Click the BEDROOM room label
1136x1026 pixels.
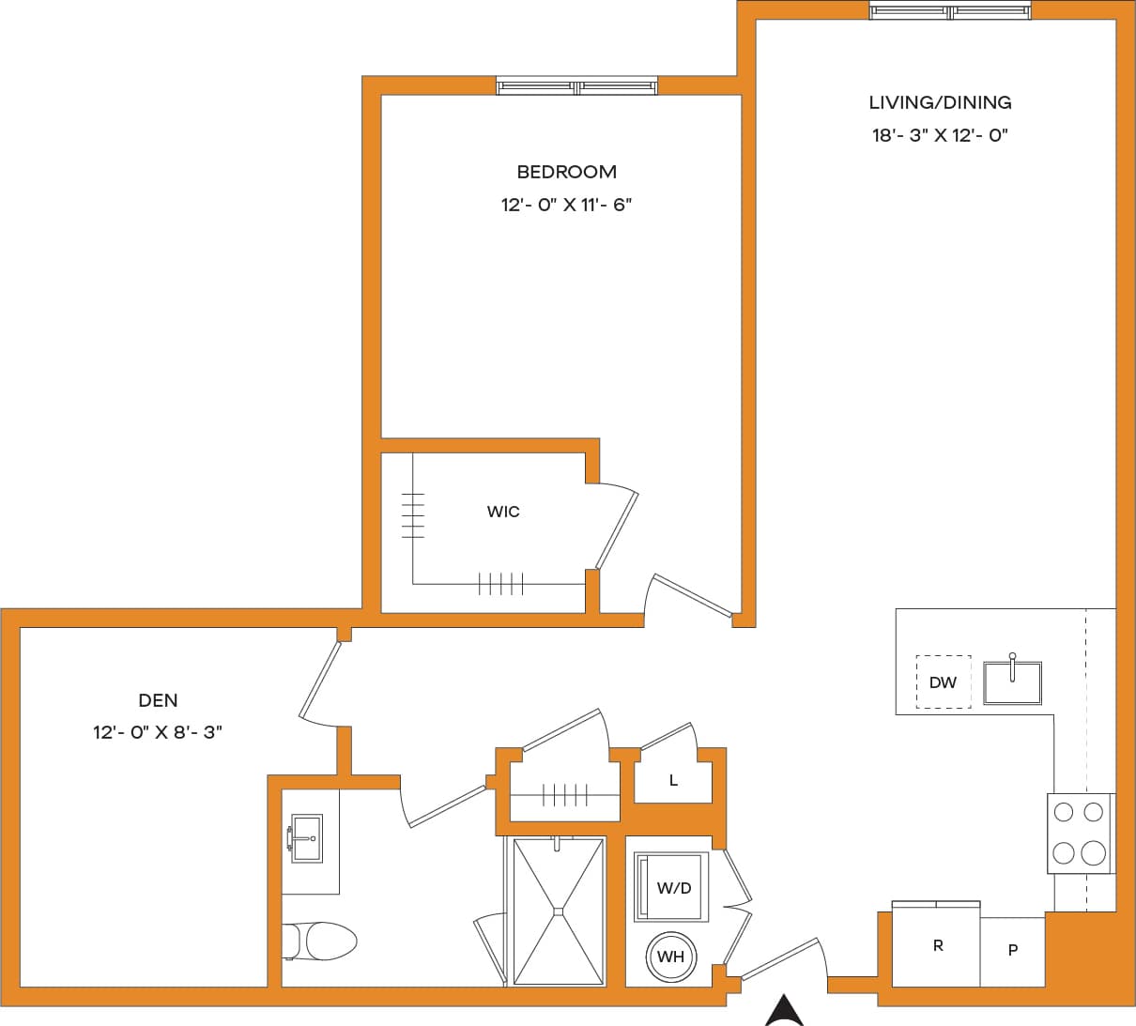pyautogui.click(x=566, y=172)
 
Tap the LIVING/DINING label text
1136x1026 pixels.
pyautogui.click(x=940, y=102)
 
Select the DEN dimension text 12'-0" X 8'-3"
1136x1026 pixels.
pyautogui.click(x=158, y=732)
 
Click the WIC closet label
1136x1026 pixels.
pyautogui.click(x=503, y=512)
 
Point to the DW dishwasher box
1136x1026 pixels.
pyautogui.click(x=943, y=682)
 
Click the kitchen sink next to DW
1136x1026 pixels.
pyautogui.click(x=1012, y=682)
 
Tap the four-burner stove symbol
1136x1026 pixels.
pyautogui.click(x=1079, y=833)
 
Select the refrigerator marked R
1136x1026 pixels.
pyautogui.click(x=936, y=945)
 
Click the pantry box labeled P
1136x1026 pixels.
pyautogui.click(x=1012, y=950)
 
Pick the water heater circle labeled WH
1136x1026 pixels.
pyautogui.click(x=671, y=957)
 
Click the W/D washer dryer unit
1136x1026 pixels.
pyautogui.click(x=672, y=887)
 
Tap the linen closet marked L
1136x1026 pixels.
pyautogui.click(x=673, y=780)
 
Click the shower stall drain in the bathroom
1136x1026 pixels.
pyautogui.click(x=558, y=910)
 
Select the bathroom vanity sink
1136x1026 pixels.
pyautogui.click(x=306, y=838)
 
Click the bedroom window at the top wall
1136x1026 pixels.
pyautogui.click(x=577, y=86)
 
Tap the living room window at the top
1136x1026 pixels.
pyautogui.click(x=949, y=11)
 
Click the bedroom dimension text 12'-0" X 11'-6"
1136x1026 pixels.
pyautogui.click(x=566, y=205)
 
